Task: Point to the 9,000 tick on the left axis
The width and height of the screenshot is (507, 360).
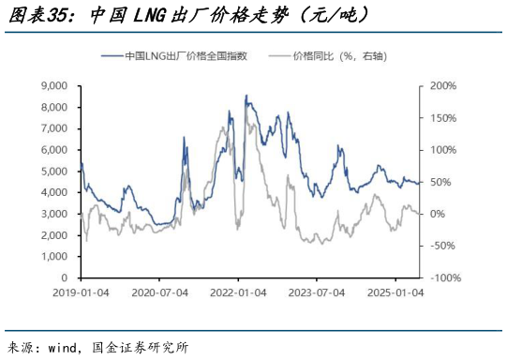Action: (x=54, y=86)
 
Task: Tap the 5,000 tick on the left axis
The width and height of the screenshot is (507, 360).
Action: (x=54, y=172)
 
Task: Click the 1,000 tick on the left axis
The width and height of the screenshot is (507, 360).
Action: (x=54, y=257)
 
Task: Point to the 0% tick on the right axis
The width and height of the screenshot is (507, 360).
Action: (x=439, y=215)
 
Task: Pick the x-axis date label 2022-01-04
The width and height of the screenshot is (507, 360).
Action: (x=238, y=292)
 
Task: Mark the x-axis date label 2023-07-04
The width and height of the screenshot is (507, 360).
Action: (x=317, y=292)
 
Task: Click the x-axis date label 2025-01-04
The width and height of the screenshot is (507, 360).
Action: (x=395, y=292)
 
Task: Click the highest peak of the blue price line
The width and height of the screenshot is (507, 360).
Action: (x=246, y=95)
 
